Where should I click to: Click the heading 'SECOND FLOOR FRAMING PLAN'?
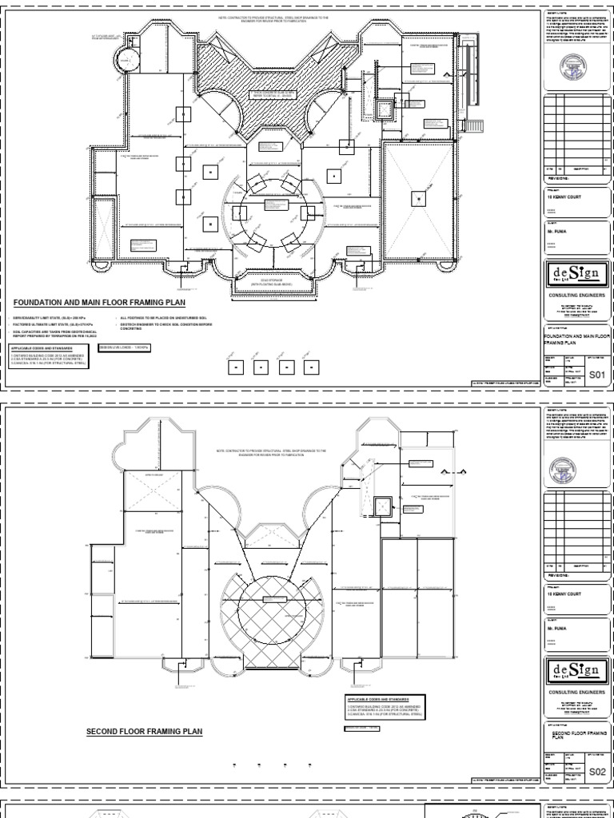pos(144,731)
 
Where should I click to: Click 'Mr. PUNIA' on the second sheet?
pos(556,629)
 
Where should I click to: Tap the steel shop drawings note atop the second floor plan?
pos(272,452)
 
